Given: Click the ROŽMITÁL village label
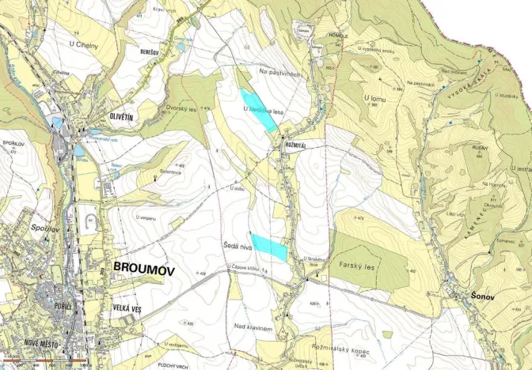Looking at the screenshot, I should (x=294, y=146).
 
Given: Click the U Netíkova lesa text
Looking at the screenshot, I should (x=263, y=111).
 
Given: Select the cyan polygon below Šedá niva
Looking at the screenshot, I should (x=269, y=247).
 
